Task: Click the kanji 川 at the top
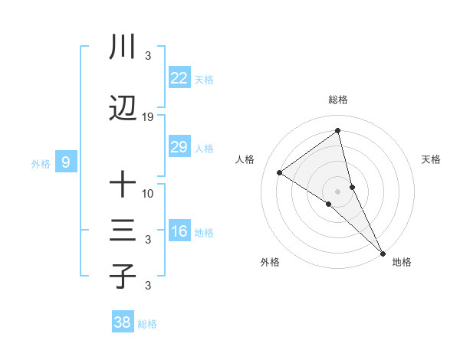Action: tap(123, 48)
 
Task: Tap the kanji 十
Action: tap(123, 185)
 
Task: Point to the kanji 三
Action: tap(123, 231)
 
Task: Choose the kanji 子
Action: tap(123, 277)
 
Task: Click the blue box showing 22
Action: tap(179, 78)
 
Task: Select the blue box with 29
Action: tap(179, 147)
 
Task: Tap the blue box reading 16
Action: tap(179, 231)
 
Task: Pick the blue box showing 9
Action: tap(66, 162)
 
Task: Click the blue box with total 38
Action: tap(123, 323)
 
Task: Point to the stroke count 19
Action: tap(148, 117)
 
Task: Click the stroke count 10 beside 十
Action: tap(148, 193)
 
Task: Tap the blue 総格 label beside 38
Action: tap(147, 324)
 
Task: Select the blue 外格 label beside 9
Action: tap(41, 163)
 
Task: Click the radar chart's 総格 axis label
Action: tap(338, 100)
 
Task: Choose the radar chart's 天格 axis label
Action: tap(432, 159)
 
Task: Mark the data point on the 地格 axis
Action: tap(383, 252)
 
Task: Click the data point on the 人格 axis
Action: tap(280, 172)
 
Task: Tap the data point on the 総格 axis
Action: tap(338, 131)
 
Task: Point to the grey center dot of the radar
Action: tap(338, 191)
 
